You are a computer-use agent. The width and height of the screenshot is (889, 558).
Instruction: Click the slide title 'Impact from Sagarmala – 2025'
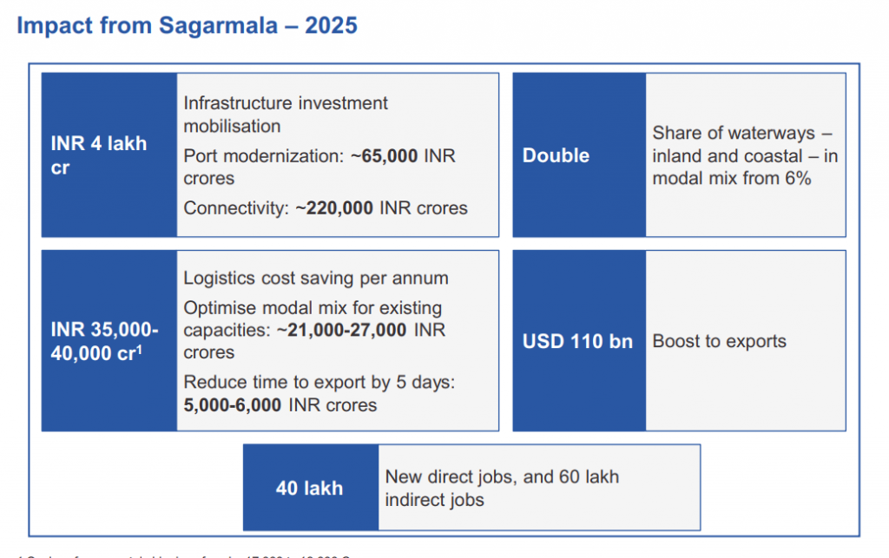tap(187, 25)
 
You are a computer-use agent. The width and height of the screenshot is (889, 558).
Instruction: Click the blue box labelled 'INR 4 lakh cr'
tap(109, 155)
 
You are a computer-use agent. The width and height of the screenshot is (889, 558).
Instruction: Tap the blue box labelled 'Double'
tap(578, 155)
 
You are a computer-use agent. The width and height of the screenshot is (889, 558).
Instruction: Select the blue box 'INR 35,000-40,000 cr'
tap(109, 341)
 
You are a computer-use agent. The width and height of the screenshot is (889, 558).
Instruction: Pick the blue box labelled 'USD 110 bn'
tap(578, 341)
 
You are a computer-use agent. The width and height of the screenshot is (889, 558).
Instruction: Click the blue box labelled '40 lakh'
tap(310, 489)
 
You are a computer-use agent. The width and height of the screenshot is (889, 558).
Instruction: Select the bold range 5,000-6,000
tap(233, 405)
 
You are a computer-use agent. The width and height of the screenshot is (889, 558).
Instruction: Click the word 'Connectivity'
tap(231, 208)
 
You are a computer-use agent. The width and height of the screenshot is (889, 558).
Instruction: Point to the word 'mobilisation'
tap(232, 126)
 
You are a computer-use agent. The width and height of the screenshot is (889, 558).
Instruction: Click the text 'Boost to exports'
tap(719, 341)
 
